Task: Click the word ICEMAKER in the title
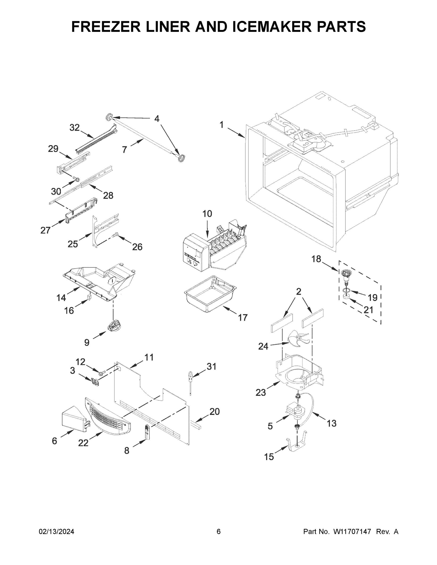tap(272, 27)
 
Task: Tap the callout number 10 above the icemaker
tap(207, 214)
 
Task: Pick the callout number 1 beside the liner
tap(222, 125)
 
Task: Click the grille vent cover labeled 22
tap(107, 417)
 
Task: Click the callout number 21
tap(368, 310)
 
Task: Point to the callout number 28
tap(108, 195)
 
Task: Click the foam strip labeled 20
tap(196, 424)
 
